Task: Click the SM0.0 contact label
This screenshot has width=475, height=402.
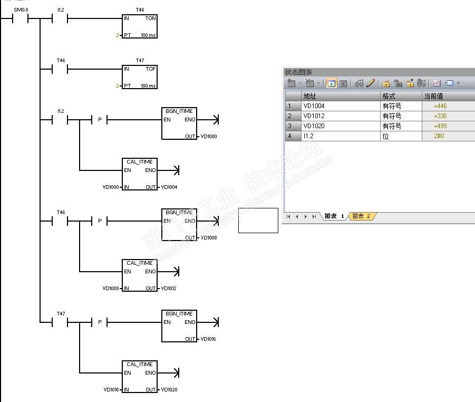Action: pyautogui.click(x=21, y=10)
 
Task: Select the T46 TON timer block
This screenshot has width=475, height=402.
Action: pyautogui.click(x=140, y=26)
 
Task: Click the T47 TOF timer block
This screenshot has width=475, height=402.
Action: pyautogui.click(x=140, y=77)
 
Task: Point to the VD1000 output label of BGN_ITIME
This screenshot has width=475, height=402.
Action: pyautogui.click(x=209, y=137)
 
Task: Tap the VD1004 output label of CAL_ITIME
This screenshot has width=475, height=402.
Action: pyautogui.click(x=169, y=187)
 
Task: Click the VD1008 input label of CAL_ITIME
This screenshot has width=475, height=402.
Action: pyautogui.click(x=111, y=289)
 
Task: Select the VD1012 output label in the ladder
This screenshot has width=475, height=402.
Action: pyautogui.click(x=169, y=289)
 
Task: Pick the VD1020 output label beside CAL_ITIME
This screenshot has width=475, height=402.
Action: pyautogui.click(x=169, y=389)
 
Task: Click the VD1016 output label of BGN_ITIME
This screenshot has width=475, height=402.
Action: pyautogui.click(x=208, y=339)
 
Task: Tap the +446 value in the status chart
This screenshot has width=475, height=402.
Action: pyautogui.click(x=440, y=106)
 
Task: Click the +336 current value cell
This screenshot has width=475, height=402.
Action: pyautogui.click(x=440, y=116)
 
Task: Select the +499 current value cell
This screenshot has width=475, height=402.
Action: pyautogui.click(x=440, y=126)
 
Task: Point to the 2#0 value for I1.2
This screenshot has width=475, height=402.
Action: pyautogui.click(x=439, y=136)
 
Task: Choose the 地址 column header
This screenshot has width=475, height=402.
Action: pyautogui.click(x=309, y=96)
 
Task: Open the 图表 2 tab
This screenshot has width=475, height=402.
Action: pyautogui.click(x=362, y=216)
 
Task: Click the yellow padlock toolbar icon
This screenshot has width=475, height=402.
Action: pyautogui.click(x=386, y=83)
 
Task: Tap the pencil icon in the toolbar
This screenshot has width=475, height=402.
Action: pyautogui.click(x=371, y=83)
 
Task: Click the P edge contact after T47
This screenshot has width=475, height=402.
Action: pyautogui.click(x=100, y=322)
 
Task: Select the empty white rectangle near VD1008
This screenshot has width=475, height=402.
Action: pyautogui.click(x=258, y=221)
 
